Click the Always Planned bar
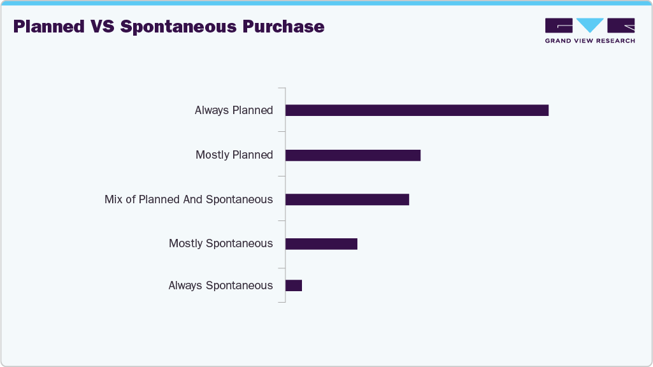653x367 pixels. pyautogui.click(x=417, y=110)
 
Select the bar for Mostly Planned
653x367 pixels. pyautogui.click(x=353, y=155)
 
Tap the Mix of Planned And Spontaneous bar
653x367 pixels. pyautogui.click(x=347, y=199)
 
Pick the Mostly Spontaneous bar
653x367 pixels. pyautogui.click(x=321, y=243)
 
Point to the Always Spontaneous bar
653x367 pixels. pyautogui.click(x=294, y=285)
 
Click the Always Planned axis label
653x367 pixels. pyautogui.click(x=234, y=110)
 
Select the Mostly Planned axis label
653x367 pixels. pyautogui.click(x=234, y=155)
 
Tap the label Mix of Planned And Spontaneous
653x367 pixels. pyautogui.click(x=189, y=199)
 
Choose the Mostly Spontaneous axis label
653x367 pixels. pyautogui.click(x=220, y=243)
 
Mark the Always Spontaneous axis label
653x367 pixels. pyautogui.click(x=220, y=285)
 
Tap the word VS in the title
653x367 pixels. pyautogui.click(x=103, y=27)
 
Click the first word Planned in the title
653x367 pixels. pyautogui.click(x=48, y=27)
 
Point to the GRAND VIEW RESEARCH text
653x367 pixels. pyautogui.click(x=590, y=41)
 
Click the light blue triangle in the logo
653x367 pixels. pyautogui.click(x=590, y=25)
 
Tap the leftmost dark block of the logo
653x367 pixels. pyautogui.click(x=559, y=25)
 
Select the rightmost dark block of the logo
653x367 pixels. pyautogui.click(x=621, y=25)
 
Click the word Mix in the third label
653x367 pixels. pyautogui.click(x=113, y=199)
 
